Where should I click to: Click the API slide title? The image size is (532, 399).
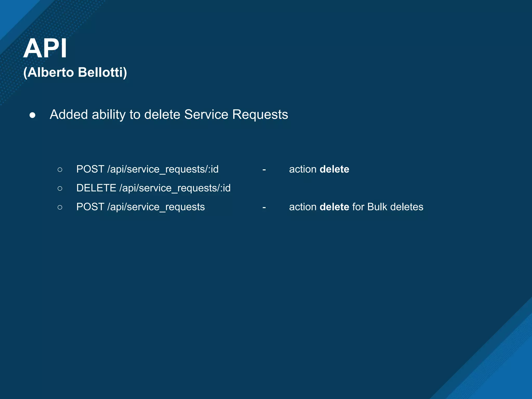click(x=45, y=48)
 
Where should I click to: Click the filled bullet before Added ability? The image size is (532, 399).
click(x=32, y=115)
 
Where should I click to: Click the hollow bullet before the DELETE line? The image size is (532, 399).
click(x=60, y=188)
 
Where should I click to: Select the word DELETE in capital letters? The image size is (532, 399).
click(x=96, y=188)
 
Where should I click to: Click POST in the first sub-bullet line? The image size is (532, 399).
click(x=90, y=169)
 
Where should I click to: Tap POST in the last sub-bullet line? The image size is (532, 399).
click(x=90, y=207)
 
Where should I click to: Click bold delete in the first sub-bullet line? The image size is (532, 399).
click(x=334, y=169)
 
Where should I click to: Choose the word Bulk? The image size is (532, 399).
click(x=377, y=207)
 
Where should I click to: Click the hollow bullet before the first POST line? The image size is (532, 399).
click(x=60, y=170)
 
